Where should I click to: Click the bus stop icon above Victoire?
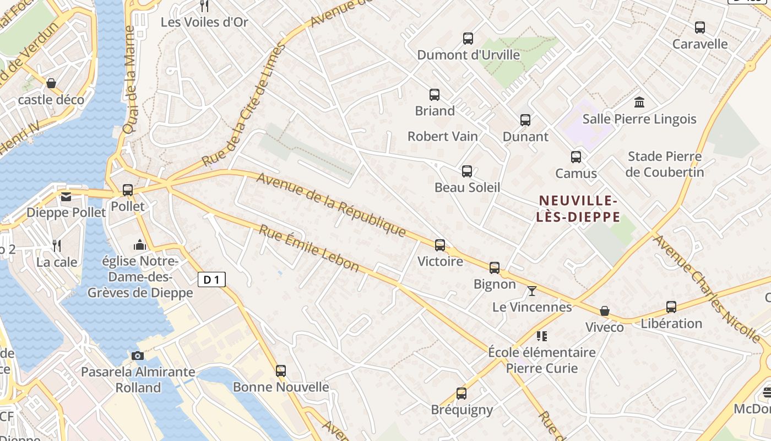click(x=439, y=245)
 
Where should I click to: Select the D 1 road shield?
click(x=211, y=279)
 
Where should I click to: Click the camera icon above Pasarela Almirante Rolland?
click(x=138, y=356)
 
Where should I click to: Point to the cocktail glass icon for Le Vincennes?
click(x=531, y=291)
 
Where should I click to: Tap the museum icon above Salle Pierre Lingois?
click(x=639, y=102)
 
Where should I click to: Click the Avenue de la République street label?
click(x=331, y=205)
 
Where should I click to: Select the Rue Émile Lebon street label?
click(x=309, y=248)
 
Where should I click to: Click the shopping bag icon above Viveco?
click(x=605, y=311)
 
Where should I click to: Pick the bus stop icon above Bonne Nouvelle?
click(x=281, y=370)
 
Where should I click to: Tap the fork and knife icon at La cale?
click(x=57, y=245)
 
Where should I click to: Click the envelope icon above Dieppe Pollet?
click(x=66, y=197)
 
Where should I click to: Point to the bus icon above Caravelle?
click(x=700, y=27)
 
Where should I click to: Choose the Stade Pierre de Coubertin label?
click(x=665, y=164)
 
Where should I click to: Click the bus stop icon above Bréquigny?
click(x=461, y=393)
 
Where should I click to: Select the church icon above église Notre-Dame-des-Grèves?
click(x=140, y=244)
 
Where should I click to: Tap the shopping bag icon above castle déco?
click(x=51, y=83)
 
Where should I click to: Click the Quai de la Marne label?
click(x=130, y=80)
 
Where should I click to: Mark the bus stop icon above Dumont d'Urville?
click(x=468, y=38)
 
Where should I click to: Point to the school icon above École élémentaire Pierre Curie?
click(x=542, y=336)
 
